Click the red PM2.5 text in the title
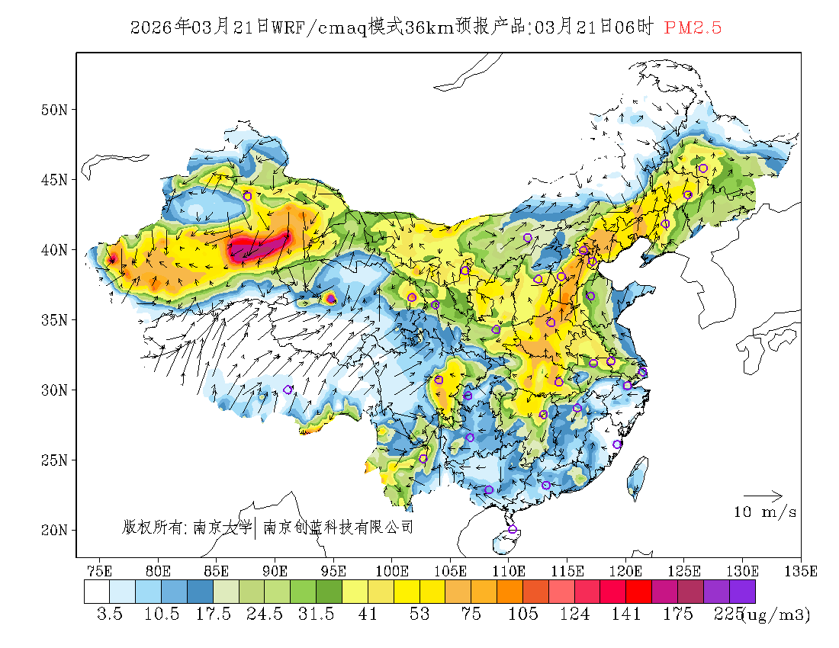click(693, 27)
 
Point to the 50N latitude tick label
click(54, 110)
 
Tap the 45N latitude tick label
click(54, 180)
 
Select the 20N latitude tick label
click(54, 530)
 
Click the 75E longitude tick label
click(100, 570)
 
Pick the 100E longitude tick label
click(392, 570)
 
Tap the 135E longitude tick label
click(801, 570)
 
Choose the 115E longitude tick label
click(567, 570)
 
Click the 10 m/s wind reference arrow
click(763, 496)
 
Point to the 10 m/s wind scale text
click(765, 512)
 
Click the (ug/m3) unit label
click(775, 614)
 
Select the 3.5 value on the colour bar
click(110, 614)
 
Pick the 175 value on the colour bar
click(678, 614)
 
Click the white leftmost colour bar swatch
click(97, 592)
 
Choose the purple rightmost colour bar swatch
click(742, 592)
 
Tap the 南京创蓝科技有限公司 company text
click(338, 527)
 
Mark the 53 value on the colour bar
click(419, 614)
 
